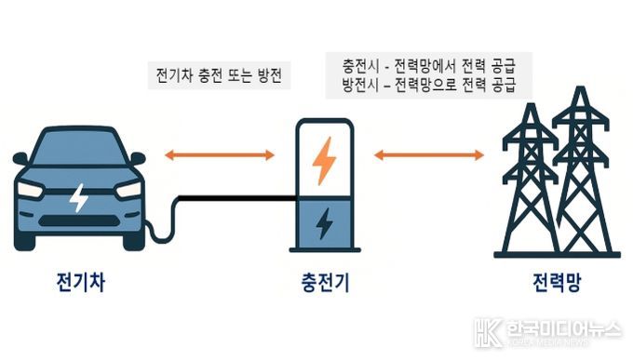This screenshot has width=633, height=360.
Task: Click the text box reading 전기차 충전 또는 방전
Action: click(220, 75)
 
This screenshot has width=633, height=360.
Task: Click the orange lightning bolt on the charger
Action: click(324, 160)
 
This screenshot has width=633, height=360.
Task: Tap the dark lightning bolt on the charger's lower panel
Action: click(324, 223)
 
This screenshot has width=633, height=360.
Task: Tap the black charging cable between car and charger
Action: click(233, 197)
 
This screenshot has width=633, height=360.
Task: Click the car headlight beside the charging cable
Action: click(128, 190)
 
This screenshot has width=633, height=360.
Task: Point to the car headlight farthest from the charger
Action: click(31, 190)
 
